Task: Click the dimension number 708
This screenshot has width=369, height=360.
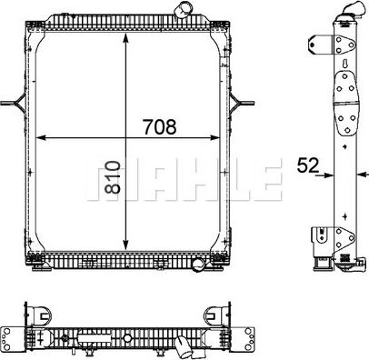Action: click(159, 127)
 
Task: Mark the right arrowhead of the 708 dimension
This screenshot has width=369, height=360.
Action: click(219, 138)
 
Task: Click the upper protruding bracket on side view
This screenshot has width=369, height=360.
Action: click(315, 45)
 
